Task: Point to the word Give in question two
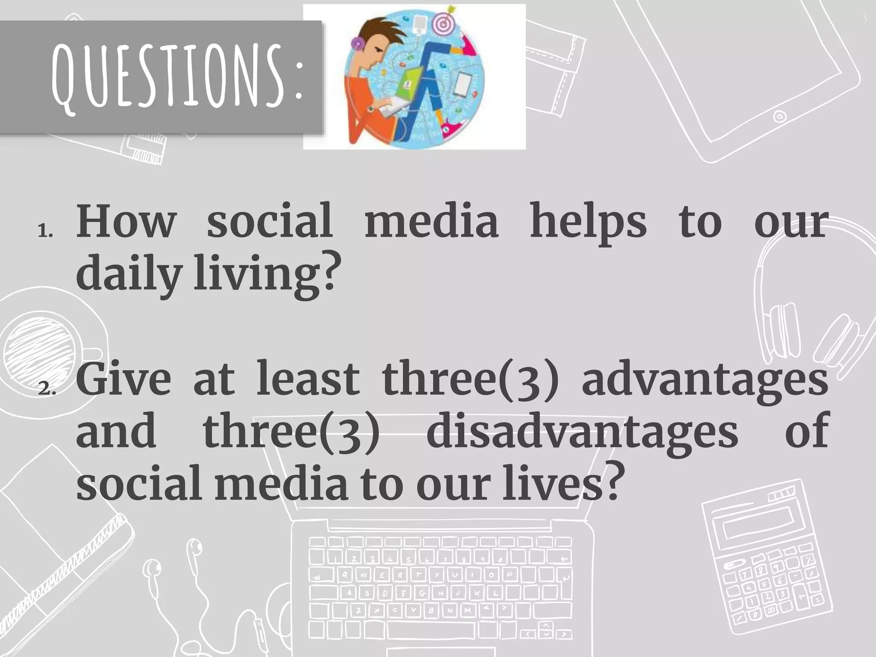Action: [x=124, y=379]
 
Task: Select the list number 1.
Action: [x=45, y=232]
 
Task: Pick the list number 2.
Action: [x=45, y=389]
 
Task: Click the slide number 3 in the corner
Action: [x=864, y=18]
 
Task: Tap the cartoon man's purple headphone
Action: [x=357, y=43]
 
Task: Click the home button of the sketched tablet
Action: [x=779, y=116]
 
